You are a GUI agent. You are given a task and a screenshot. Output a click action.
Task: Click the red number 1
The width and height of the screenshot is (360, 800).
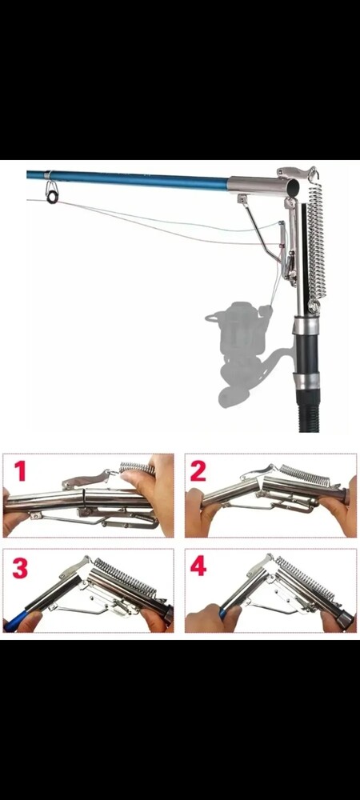(19, 471)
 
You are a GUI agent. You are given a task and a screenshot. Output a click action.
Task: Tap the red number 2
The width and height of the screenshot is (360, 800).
(198, 472)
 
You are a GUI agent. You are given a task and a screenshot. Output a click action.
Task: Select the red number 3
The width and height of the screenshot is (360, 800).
(20, 568)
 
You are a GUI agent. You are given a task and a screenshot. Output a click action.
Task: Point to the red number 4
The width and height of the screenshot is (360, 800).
(198, 566)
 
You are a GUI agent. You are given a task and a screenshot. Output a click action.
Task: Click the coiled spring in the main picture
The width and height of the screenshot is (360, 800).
(316, 240)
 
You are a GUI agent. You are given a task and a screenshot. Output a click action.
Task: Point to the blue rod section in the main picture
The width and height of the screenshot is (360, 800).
(127, 179)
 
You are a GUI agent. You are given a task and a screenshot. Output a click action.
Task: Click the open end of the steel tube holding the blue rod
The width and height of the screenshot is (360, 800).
(293, 188)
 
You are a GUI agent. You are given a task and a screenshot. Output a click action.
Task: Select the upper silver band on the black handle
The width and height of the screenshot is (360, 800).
(306, 325)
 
